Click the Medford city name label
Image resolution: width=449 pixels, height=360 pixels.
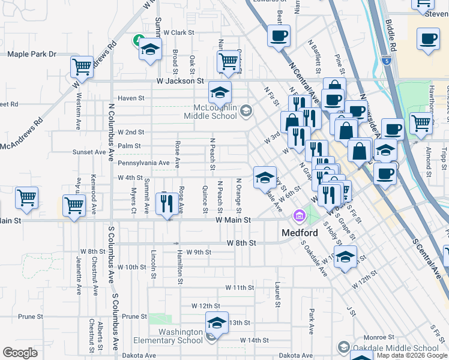point(301,233)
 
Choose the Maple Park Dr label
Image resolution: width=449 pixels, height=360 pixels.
point(31,54)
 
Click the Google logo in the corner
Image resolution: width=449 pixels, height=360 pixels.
point(20,353)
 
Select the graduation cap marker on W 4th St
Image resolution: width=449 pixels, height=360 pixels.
point(264,178)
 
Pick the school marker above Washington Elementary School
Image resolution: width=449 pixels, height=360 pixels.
point(217,323)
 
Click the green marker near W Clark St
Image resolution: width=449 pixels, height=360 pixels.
point(137,41)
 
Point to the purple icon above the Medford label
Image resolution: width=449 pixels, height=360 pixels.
point(298,216)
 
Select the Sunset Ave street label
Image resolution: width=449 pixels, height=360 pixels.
point(89,152)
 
